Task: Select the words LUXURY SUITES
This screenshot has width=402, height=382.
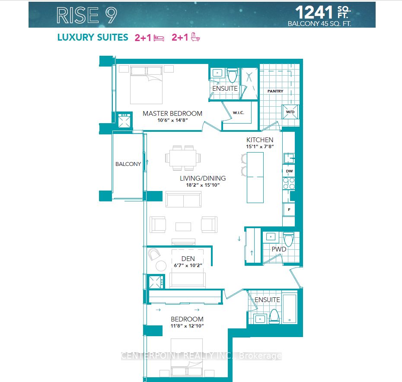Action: pos(93,38)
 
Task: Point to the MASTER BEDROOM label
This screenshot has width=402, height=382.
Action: pos(172,114)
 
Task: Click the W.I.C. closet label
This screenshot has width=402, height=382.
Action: pos(238,113)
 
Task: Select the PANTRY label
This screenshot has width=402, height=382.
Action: pos(275,91)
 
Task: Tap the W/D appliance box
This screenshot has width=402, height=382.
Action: pos(289,112)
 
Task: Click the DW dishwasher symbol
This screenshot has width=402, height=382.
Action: pos(289,171)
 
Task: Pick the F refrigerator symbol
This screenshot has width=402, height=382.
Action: pos(289,210)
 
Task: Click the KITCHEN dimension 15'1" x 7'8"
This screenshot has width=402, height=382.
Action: pos(260,146)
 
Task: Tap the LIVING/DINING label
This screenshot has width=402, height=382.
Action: pos(203,178)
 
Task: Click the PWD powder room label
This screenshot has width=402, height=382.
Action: pos(279,249)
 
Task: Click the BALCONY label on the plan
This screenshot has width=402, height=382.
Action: pos(128,164)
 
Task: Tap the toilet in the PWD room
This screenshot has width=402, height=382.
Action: pos(288,239)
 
